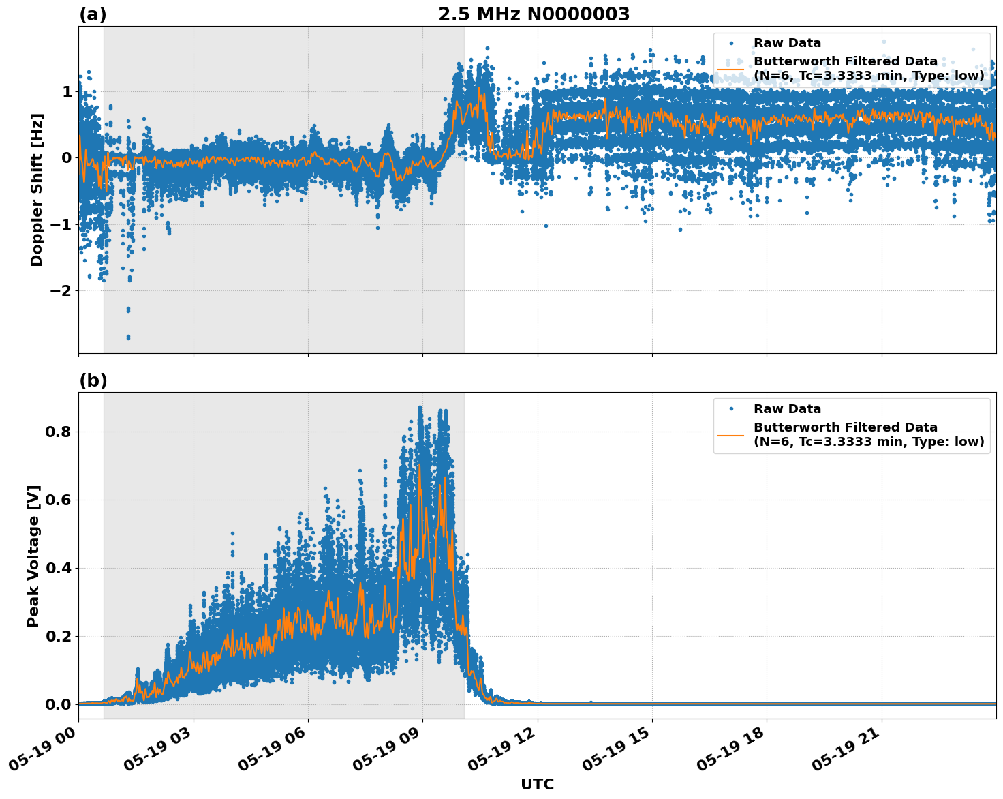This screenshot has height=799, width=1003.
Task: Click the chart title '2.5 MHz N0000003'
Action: pos(534,14)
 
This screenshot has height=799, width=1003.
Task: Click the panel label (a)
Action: pos(93,14)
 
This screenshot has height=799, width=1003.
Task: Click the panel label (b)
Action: pos(93,380)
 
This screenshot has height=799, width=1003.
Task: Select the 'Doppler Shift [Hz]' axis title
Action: pos(37,190)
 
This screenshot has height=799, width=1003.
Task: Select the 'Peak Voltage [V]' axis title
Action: pos(33,556)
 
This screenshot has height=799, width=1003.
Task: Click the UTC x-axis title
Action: pos(537,784)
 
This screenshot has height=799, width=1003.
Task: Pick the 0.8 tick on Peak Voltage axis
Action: pos(58,432)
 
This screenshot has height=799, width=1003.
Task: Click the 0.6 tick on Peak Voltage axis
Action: pos(58,500)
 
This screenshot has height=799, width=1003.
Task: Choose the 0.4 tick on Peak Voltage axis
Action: pos(58,568)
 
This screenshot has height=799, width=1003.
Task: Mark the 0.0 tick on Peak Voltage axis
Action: pos(58,704)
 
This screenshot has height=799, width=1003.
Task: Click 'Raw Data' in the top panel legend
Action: pos(787,43)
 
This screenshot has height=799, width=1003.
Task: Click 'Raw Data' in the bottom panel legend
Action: pos(787,409)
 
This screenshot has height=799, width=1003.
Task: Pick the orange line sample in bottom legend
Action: pos(730,434)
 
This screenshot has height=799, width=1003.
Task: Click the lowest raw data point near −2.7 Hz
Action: pos(128,337)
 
